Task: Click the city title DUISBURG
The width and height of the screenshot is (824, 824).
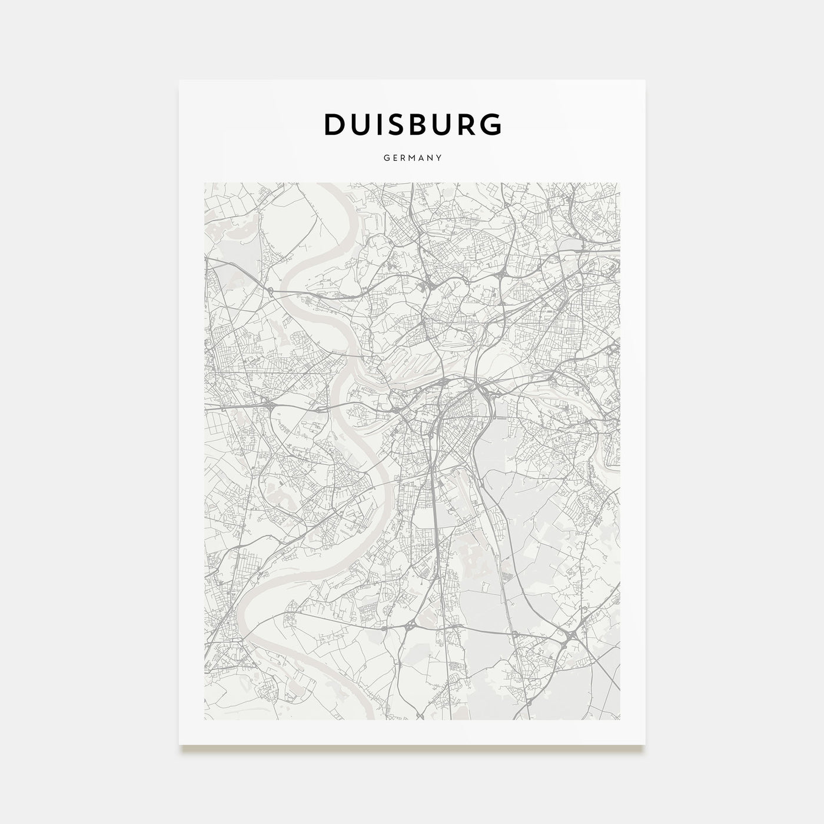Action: [413, 124]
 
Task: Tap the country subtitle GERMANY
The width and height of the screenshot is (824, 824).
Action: [413, 158]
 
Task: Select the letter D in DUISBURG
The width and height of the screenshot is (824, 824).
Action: [334, 124]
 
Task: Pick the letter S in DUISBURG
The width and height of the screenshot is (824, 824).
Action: [398, 124]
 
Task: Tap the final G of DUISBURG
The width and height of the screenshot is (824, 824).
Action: [491, 124]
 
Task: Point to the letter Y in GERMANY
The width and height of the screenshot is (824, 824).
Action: [440, 158]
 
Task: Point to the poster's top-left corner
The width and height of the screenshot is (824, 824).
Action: [180, 81]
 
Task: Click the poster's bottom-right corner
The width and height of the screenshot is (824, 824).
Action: [644, 745]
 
